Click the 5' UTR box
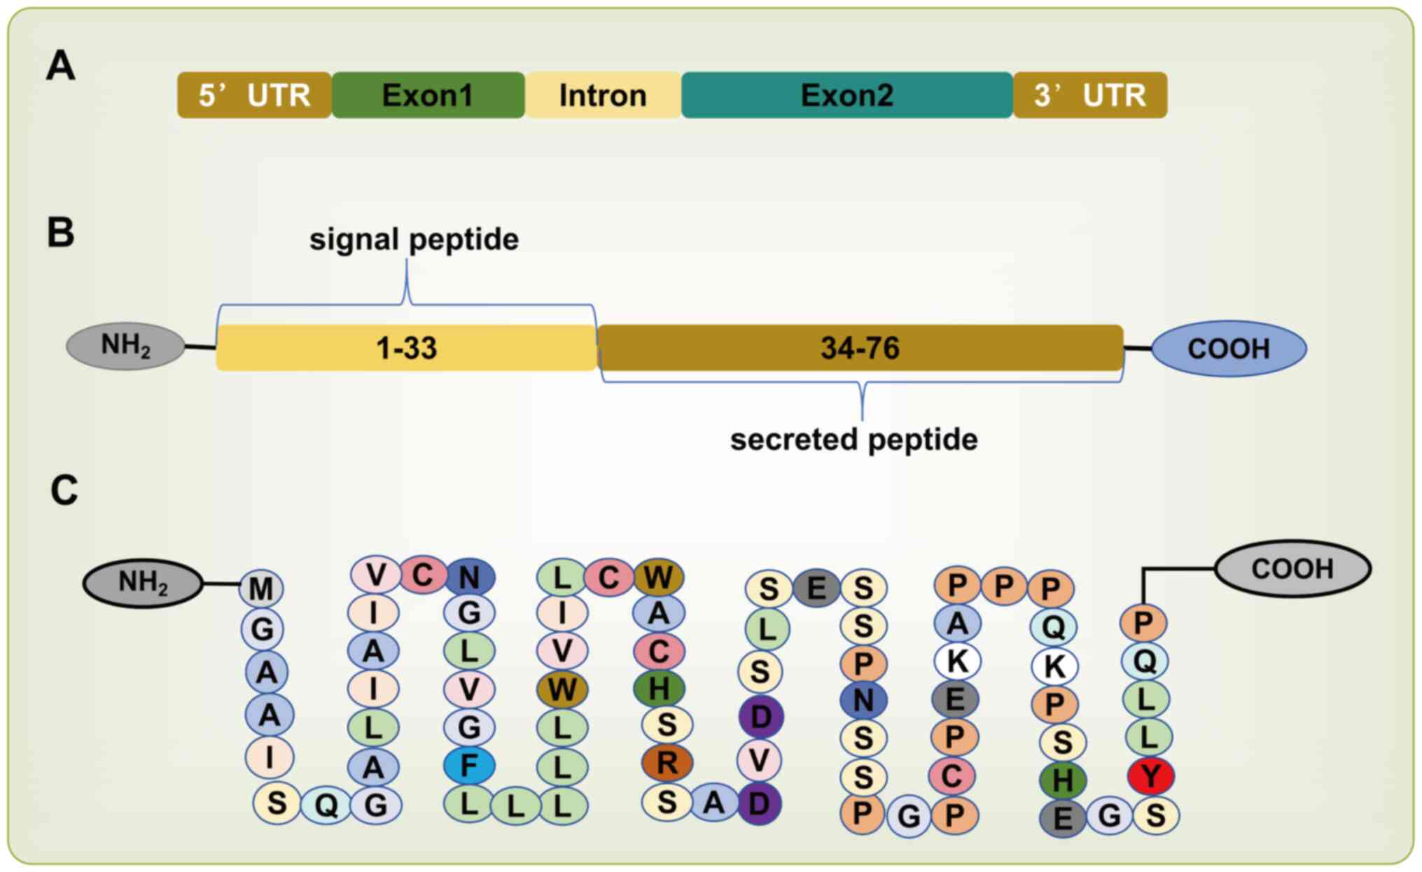(254, 95)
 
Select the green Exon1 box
(428, 95)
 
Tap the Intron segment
(603, 95)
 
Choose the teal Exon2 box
(846, 95)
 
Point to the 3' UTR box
(1090, 95)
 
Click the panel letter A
(60, 66)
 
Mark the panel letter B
(60, 232)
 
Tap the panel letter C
(64, 490)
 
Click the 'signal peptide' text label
(414, 239)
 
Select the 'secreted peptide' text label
(853, 439)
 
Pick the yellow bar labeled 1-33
(406, 348)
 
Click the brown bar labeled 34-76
(860, 348)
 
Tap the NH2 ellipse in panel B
(126, 346)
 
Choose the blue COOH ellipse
(1229, 349)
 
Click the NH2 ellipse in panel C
(143, 583)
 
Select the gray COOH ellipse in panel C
(1292, 569)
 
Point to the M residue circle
(261, 589)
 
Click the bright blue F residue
(469, 766)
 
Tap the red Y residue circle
(1151, 775)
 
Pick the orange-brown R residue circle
(667, 763)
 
